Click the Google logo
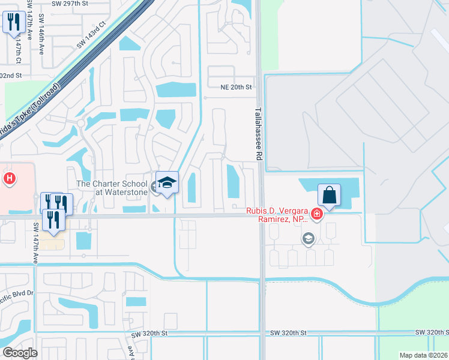[x=20, y=353]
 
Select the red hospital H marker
[x=9, y=178]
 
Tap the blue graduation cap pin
[x=167, y=184]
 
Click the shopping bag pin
[x=329, y=195]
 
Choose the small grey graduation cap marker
[x=309, y=239]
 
